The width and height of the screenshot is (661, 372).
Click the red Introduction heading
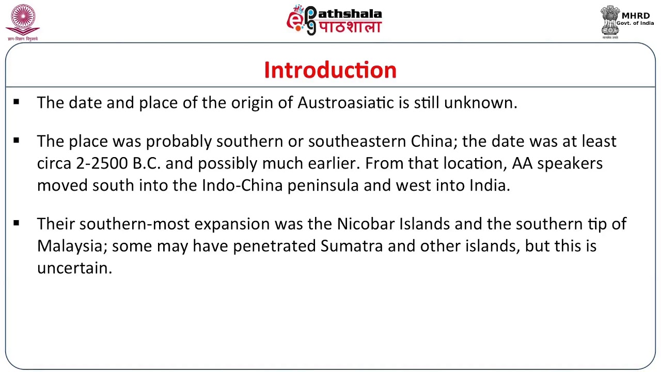tap(330, 70)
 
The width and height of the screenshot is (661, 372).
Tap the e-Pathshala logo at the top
tap(334, 20)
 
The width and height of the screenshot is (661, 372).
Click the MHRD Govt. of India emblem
tap(610, 22)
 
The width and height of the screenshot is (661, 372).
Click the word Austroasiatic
tap(345, 102)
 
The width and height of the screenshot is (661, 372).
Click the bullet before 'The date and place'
tap(17, 102)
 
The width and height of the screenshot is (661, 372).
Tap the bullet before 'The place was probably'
tap(17, 141)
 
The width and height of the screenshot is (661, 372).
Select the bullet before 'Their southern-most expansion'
tap(17, 223)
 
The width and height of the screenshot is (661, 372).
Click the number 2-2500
tap(102, 163)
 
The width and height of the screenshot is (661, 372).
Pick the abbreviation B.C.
tap(147, 163)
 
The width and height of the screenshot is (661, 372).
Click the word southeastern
tap(357, 141)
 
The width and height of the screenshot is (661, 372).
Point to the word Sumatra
tap(351, 246)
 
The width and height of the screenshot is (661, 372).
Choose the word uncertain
tap(74, 268)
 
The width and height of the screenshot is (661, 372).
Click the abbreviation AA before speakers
tap(522, 163)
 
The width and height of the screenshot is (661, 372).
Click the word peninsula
tap(323, 185)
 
